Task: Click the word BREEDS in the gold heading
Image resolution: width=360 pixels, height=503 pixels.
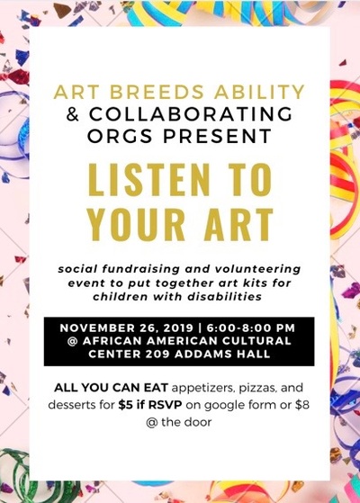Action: pos(157,92)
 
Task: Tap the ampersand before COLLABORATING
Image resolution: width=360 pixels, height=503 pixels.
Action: pos(73,113)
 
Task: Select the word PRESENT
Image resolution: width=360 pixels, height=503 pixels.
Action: pos(218,136)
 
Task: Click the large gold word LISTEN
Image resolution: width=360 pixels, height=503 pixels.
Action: pos(148,180)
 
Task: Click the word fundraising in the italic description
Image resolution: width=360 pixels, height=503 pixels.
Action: pos(140,269)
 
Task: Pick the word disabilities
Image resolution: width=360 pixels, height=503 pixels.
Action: pos(225,296)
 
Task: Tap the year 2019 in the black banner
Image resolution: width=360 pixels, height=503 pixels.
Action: pos(178,328)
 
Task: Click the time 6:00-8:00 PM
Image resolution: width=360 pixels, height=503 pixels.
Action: pos(251,328)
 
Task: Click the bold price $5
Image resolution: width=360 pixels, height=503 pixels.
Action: pos(125,405)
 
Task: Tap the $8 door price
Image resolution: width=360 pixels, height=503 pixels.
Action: pos(302,405)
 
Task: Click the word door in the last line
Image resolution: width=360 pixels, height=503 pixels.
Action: pos(198,422)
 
